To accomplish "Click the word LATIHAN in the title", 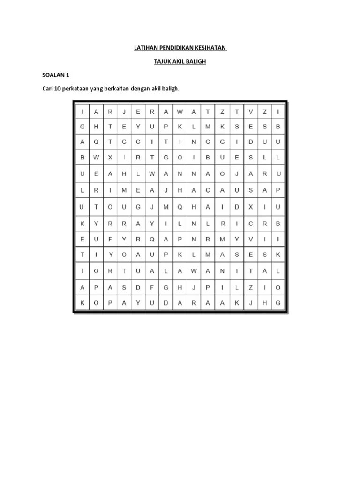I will (x=142, y=48).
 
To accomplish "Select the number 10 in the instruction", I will (x=59, y=88).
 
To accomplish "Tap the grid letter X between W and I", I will (x=110, y=157).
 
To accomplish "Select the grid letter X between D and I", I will (x=251, y=207).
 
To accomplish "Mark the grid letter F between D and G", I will (x=152, y=288).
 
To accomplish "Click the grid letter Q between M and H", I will (x=180, y=207).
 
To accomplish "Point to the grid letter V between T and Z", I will (x=251, y=112).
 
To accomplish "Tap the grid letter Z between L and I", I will (x=251, y=288).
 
